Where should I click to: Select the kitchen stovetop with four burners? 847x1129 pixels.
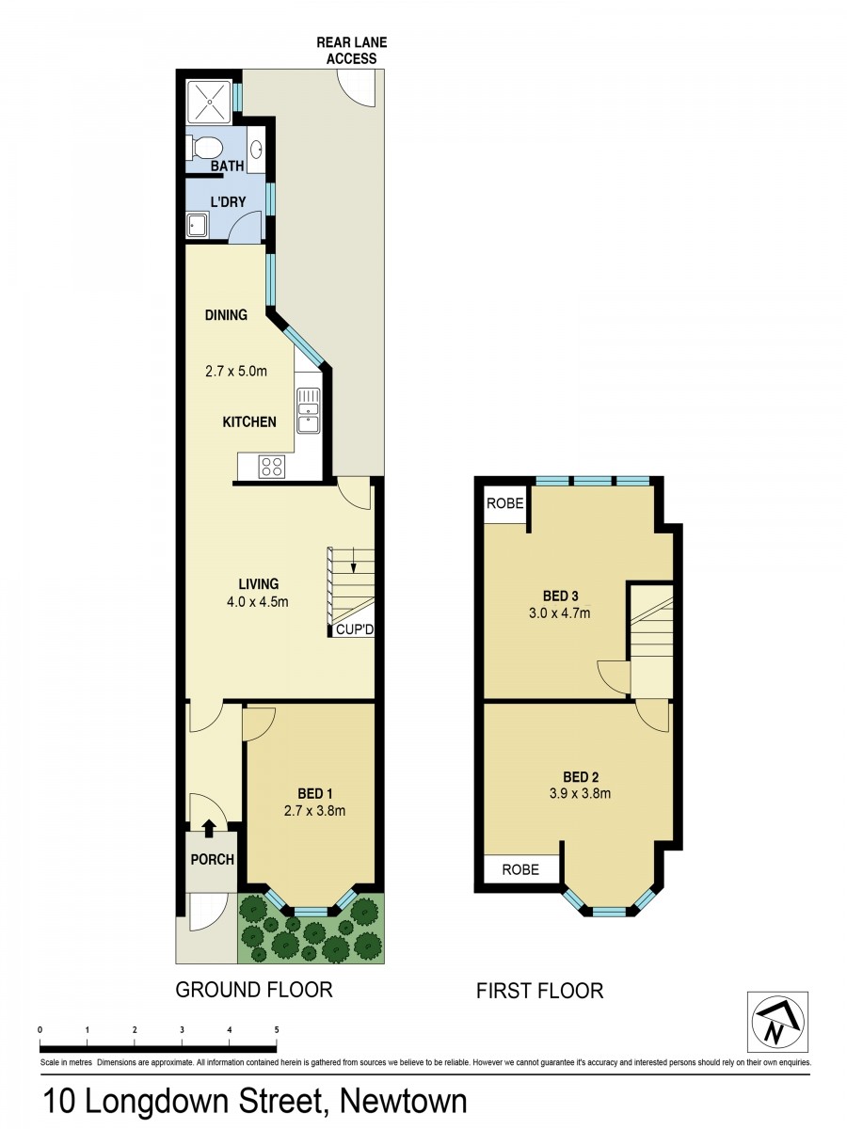(x=272, y=467)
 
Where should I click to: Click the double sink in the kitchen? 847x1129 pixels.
(x=308, y=410)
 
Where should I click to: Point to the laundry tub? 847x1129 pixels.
(x=197, y=226)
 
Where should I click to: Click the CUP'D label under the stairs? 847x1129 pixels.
(x=355, y=630)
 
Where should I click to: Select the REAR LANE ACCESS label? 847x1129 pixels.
(x=352, y=51)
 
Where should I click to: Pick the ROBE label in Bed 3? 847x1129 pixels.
(x=505, y=503)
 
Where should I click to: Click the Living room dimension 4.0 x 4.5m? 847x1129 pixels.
(x=258, y=601)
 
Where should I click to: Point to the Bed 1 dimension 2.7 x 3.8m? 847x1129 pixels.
(x=314, y=811)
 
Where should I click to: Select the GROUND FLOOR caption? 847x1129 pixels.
(x=254, y=990)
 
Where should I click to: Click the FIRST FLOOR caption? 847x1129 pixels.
(x=539, y=991)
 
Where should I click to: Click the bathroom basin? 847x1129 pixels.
(x=256, y=150)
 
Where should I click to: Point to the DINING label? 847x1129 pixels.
(x=226, y=315)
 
